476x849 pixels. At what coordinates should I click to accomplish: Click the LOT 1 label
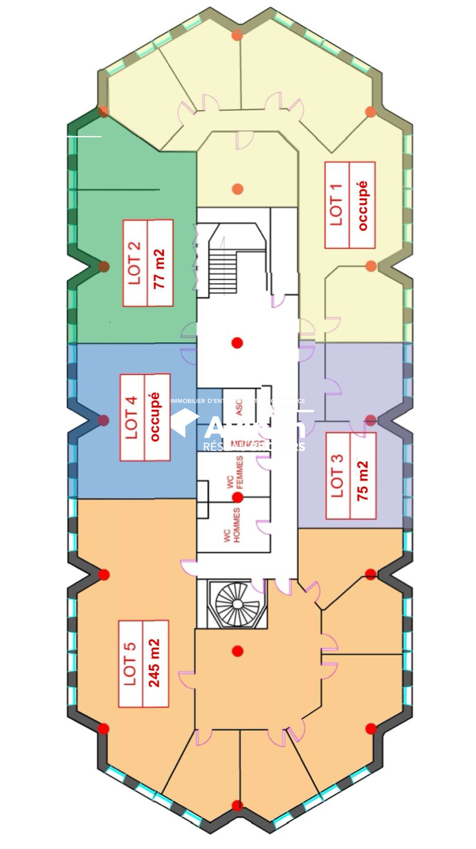point(337,205)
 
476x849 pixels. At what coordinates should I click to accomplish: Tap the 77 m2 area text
point(160,263)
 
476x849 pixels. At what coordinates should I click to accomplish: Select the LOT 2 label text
point(135,263)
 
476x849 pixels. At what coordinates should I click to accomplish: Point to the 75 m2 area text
point(363,476)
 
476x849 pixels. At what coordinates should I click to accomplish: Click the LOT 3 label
point(338,476)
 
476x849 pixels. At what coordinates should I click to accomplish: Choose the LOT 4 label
point(132,417)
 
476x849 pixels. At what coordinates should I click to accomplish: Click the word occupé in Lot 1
point(362,205)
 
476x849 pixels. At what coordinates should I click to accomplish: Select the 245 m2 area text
point(155,664)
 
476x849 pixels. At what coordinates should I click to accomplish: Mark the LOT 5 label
point(130,664)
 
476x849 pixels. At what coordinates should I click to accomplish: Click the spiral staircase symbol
point(234,603)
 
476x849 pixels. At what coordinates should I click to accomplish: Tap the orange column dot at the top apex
point(237,35)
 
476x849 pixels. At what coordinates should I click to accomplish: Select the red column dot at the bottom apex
point(237,805)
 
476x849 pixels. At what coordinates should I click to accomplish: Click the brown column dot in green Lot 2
point(104,267)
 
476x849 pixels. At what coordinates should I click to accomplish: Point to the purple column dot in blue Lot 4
point(104,420)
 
